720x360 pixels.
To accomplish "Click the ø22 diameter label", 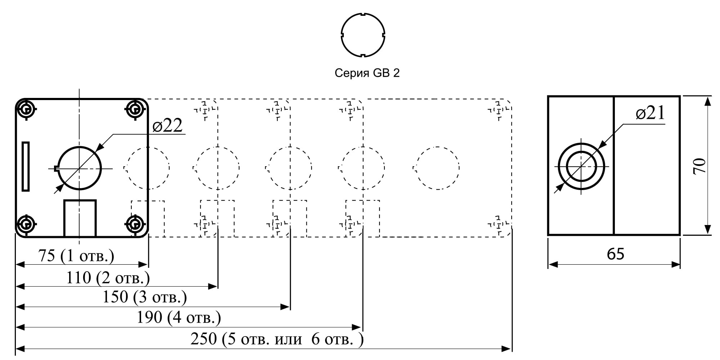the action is pyautogui.click(x=167, y=125).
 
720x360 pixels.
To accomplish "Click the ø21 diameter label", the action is pyautogui.click(x=650, y=113).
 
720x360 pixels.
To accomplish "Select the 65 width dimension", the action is pyautogui.click(x=616, y=254).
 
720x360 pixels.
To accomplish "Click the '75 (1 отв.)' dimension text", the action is pyautogui.click(x=76, y=256).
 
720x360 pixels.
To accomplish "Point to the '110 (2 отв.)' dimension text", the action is pyautogui.click(x=108, y=278).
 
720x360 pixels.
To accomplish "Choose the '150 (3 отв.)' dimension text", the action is pyautogui.click(x=145, y=297).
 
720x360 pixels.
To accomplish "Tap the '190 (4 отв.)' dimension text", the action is pyautogui.click(x=179, y=318).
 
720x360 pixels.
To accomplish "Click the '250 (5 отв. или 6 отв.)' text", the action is pyautogui.click(x=277, y=339).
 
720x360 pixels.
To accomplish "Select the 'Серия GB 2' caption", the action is pyautogui.click(x=367, y=73).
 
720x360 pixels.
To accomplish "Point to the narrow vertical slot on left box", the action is pyautogui.click(x=26, y=166).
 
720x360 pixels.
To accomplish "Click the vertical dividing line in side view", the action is pyautogui.click(x=614, y=166).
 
